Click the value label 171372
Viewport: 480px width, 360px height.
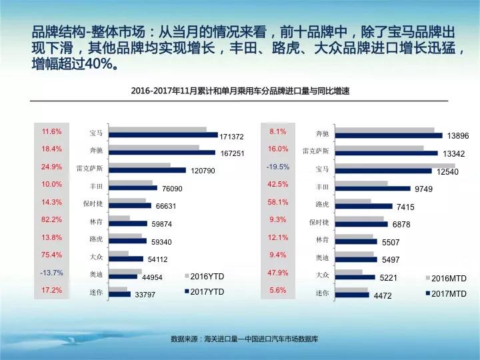click(231, 137)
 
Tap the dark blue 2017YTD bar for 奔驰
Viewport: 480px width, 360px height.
click(162, 152)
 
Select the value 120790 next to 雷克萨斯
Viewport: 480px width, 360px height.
click(204, 171)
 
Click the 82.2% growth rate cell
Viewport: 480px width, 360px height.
click(52, 219)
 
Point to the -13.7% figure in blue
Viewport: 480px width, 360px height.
click(52, 273)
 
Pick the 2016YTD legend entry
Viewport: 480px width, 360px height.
click(204, 276)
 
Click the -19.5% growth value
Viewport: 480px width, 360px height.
click(278, 167)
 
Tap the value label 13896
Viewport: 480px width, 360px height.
click(458, 136)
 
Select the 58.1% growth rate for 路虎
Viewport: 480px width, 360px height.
click(278, 202)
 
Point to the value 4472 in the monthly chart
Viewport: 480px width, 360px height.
click(383, 295)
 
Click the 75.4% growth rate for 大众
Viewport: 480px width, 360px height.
click(52, 255)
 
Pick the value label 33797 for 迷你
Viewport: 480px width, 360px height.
click(145, 295)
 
